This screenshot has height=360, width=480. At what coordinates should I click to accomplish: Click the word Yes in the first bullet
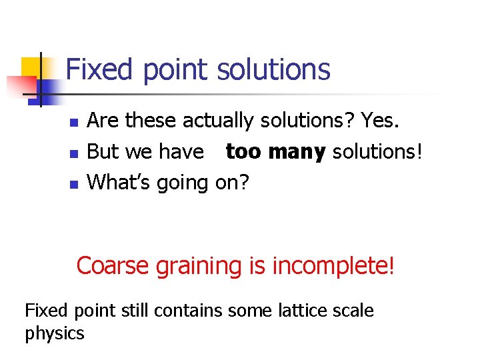coord(382,121)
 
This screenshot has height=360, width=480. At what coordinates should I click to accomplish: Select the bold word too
coord(243,151)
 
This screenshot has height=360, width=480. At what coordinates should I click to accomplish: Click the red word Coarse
coord(113,265)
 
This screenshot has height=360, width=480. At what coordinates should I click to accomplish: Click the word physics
coord(55,333)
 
